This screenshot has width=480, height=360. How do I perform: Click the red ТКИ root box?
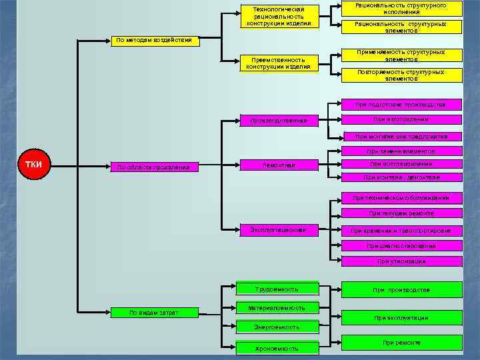(33, 165)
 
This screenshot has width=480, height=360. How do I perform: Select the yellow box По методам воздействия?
(153, 40)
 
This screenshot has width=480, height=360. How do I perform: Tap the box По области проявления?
(153, 167)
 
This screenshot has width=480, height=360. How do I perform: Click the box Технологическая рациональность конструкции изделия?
(279, 16)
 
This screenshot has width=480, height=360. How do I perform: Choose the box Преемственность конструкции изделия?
(279, 63)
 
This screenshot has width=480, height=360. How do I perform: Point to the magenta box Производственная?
(279, 121)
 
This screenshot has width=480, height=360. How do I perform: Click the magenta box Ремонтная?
(279, 165)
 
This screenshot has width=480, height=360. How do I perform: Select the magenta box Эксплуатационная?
(279, 230)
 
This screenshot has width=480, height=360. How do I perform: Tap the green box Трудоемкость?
(277, 289)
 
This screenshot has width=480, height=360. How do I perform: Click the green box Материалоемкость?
(277, 308)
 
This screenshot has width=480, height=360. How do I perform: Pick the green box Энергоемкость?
(277, 327)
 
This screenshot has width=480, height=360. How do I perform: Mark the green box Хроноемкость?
(277, 347)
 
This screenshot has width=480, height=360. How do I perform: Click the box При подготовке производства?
(401, 105)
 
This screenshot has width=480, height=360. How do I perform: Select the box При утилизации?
(401, 261)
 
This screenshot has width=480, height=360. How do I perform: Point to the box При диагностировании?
(401, 245)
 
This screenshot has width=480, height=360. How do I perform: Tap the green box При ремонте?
(401, 343)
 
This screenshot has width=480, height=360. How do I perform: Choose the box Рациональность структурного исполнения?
(401, 9)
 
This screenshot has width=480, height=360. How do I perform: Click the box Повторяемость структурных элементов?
(401, 75)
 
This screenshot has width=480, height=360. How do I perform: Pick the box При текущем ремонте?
(401, 213)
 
